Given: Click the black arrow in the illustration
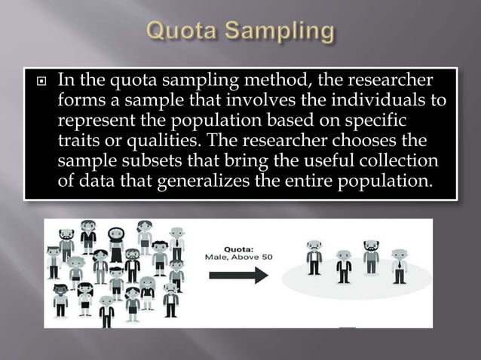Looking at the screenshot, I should coord(239,275).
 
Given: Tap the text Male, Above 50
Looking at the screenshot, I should coord(240,257).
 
